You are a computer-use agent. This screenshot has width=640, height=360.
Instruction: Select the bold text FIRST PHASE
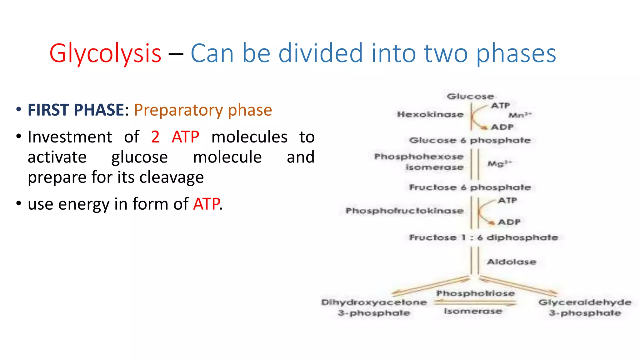coord(76,110)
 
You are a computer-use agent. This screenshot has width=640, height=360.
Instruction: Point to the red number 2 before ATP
coord(155,137)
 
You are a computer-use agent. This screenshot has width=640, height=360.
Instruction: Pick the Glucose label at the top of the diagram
coord(470,96)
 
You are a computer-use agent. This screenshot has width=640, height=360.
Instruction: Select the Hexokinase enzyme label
coord(430,114)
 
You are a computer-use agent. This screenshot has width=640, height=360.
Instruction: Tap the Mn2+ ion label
coord(520,115)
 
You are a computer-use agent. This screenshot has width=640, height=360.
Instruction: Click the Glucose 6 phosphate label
coord(470,140)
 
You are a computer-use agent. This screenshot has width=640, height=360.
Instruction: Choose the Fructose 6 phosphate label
coord(470,187)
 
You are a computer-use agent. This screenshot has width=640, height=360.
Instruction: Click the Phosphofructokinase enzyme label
coord(404,211)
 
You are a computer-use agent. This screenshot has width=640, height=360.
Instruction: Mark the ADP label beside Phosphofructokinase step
coord(509,222)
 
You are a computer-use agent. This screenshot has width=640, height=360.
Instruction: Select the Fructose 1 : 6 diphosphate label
coord(483,238)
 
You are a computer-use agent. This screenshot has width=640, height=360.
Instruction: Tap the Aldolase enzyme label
coord(512,262)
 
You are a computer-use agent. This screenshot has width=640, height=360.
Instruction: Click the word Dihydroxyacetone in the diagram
coord(374,302)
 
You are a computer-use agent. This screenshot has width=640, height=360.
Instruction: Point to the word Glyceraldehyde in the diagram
coord(585,302)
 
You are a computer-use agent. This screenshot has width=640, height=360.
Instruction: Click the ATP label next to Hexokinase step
coord(500,106)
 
